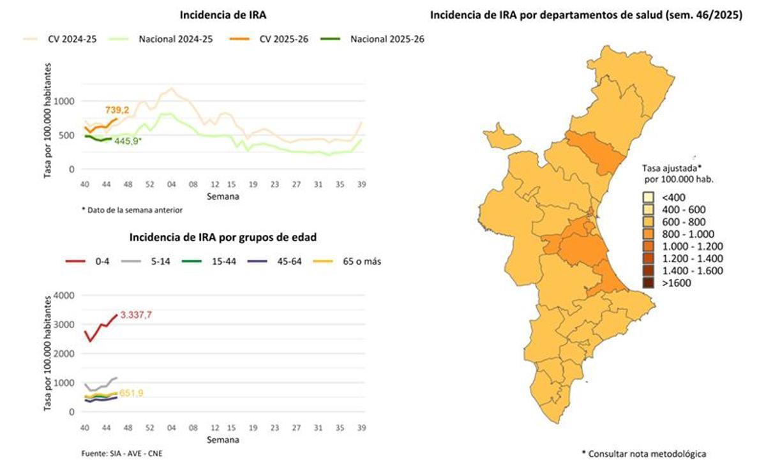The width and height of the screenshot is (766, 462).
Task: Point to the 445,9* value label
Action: (128, 140)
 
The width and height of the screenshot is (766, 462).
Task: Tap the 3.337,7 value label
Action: (137, 315)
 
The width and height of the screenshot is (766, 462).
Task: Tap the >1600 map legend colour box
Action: (648, 283)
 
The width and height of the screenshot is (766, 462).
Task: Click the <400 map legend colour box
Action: (648, 197)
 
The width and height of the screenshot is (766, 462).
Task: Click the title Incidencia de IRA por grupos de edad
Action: (223, 237)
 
